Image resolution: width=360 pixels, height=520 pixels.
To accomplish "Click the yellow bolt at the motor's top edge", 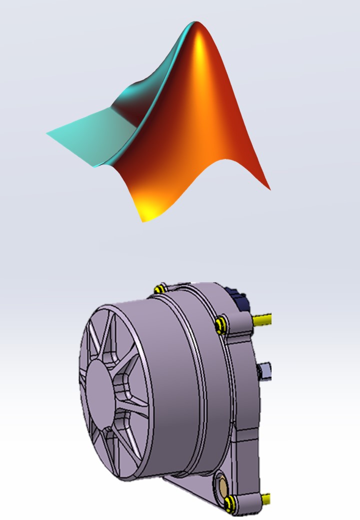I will [x=160, y=289].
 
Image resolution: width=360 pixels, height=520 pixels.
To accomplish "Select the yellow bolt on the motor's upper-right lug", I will [x=220, y=324].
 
